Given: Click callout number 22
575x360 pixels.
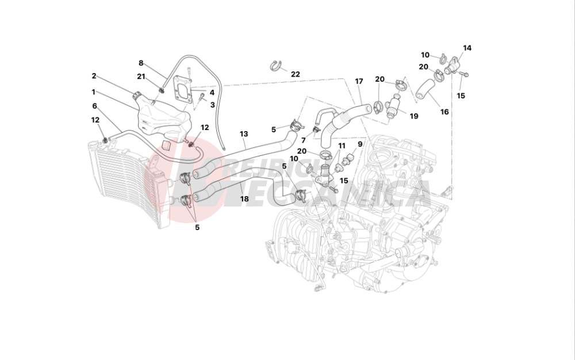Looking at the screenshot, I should pyautogui.click(x=295, y=74).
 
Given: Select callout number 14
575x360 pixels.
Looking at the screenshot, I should pyautogui.click(x=467, y=48).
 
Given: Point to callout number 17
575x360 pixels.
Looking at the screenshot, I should pyautogui.click(x=359, y=81).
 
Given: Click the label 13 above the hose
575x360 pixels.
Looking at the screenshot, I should pyautogui.click(x=244, y=134).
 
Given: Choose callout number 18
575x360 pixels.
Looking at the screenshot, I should pyautogui.click(x=244, y=199).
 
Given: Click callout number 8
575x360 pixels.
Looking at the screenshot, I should pyautogui.click(x=141, y=63).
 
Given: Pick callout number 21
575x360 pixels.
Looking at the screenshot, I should pyautogui.click(x=141, y=76).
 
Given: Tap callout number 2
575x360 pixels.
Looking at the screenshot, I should pyautogui.click(x=94, y=76).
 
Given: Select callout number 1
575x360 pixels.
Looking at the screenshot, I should pyautogui.click(x=94, y=91).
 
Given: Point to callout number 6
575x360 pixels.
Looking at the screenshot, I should pyautogui.click(x=95, y=106).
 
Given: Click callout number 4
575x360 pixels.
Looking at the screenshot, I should pyautogui.click(x=212, y=92).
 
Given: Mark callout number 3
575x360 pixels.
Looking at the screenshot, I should pyautogui.click(x=212, y=105).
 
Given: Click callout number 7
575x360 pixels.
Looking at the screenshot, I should pyautogui.click(x=303, y=140).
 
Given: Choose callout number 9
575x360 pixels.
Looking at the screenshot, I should pyautogui.click(x=360, y=144).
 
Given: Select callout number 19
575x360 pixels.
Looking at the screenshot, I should pyautogui.click(x=414, y=115).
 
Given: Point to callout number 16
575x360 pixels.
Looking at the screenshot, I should pyautogui.click(x=444, y=112).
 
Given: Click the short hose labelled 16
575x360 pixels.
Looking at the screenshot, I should pyautogui.click(x=426, y=89).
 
